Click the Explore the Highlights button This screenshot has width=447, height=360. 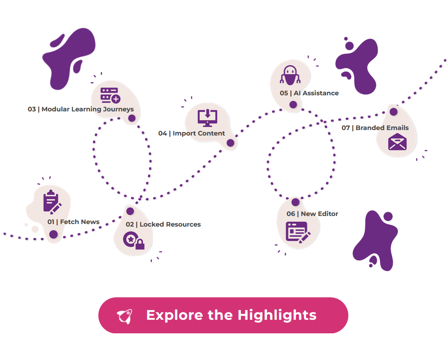coord(223,315)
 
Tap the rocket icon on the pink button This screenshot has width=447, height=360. coord(125,316)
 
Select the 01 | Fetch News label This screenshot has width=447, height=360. coord(73,222)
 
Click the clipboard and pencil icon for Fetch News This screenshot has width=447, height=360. coord(52,202)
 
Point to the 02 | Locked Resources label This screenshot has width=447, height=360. coord(163,224)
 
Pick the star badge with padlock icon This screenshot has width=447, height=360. coord(134,240)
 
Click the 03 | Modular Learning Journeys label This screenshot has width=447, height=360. coord(81,109)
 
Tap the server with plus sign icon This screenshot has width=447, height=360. coord(110,95)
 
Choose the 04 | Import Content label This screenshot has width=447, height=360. coord(192,133)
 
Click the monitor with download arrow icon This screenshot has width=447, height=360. coord(207,118)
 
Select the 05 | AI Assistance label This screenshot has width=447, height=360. coord(309,93)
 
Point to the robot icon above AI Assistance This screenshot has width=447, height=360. coord(290,75)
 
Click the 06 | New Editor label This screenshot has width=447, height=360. coord(312,213)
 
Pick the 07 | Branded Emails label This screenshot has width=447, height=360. coord(375,128)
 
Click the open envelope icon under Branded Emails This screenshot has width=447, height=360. coord(397,142)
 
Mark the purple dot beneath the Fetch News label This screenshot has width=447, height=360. coord(53,235)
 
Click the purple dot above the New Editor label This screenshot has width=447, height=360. coord(295,202)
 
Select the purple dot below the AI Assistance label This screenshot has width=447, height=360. coord(293,105)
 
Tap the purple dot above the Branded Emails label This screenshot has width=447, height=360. coord(394,111)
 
